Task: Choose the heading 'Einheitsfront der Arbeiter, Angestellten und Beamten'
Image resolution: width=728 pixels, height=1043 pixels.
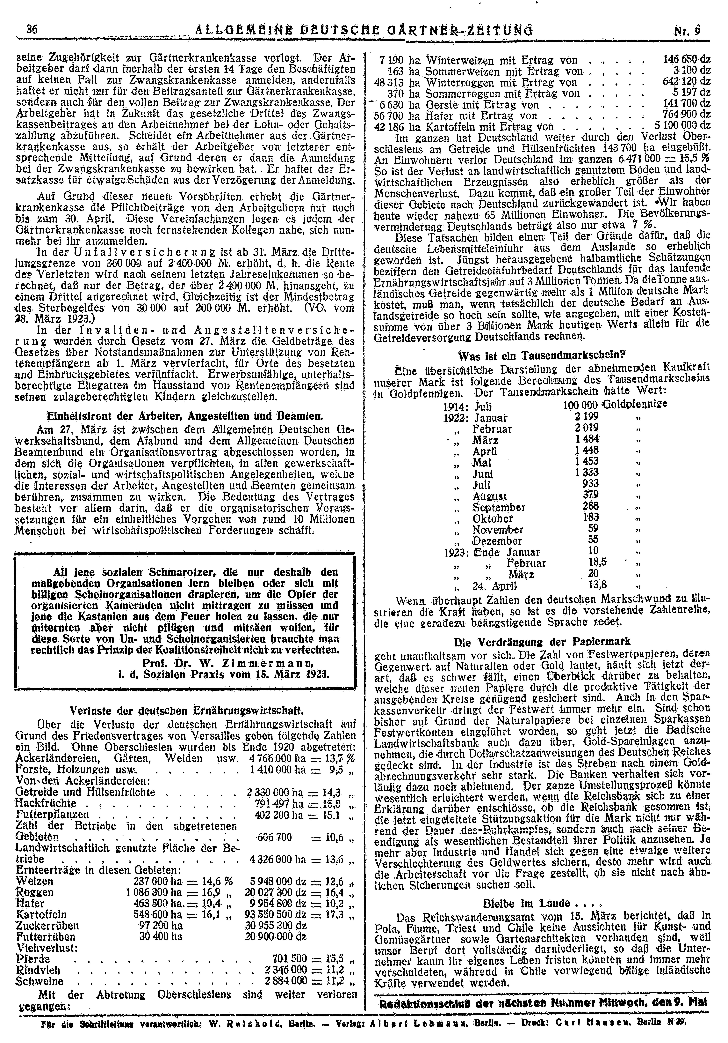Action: coord(185,415)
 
